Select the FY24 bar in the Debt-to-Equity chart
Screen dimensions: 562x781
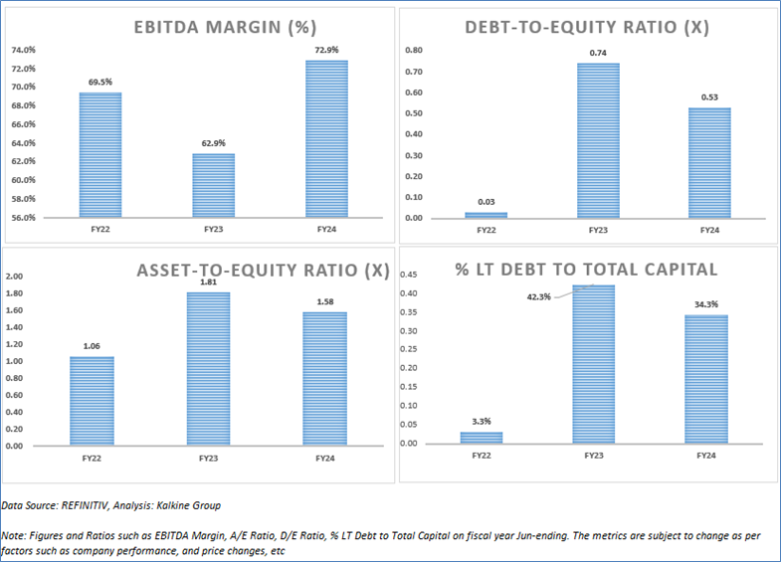coord(709,162)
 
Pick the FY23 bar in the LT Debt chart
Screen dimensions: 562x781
coord(594,364)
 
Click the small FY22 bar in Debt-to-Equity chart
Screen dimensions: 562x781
coord(486,215)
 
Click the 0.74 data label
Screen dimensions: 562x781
coord(598,52)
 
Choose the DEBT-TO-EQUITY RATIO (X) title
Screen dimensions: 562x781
coord(587,27)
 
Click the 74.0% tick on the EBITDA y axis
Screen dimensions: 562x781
coord(23,50)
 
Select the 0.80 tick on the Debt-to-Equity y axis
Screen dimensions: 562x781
coord(411,50)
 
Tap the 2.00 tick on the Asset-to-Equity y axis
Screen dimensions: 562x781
coord(16,277)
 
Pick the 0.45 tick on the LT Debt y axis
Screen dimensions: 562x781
coord(408,275)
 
